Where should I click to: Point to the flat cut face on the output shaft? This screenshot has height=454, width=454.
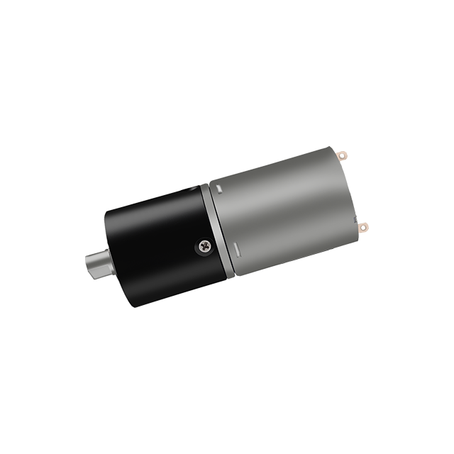click(94, 269)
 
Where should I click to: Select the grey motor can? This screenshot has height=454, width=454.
click(284, 206)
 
